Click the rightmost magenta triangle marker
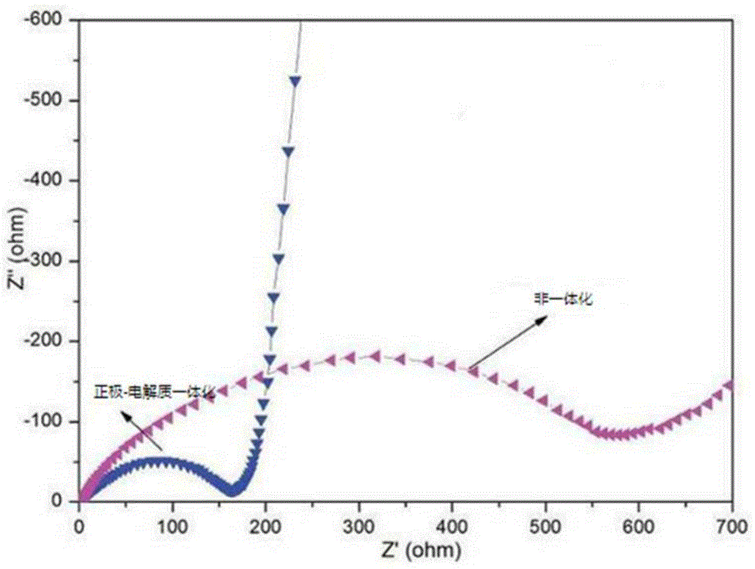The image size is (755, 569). pyautogui.click(x=729, y=385)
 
